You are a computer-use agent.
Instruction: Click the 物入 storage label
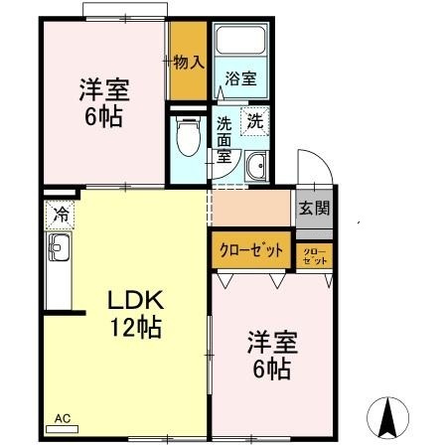click(188, 62)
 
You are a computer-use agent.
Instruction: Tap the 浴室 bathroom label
click(240, 77)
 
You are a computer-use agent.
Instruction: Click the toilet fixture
click(186, 140)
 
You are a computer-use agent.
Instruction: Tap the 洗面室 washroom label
click(224, 140)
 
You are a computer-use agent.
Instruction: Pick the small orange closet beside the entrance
click(315, 253)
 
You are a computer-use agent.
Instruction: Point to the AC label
click(62, 418)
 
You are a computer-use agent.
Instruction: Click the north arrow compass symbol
click(388, 414)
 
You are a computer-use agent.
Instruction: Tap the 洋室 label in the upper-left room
click(101, 90)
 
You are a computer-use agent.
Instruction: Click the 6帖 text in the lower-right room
click(270, 371)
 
